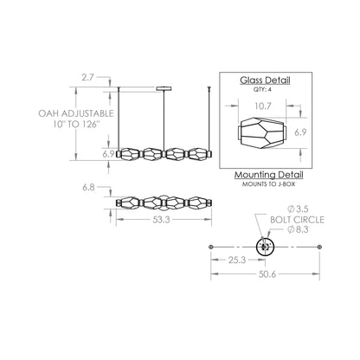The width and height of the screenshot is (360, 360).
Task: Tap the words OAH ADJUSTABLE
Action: click(73, 112)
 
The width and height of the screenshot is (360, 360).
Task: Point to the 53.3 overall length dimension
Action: click(160, 222)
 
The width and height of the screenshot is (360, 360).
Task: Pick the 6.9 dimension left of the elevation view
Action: click(109, 153)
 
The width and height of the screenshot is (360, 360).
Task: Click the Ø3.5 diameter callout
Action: click(296, 209)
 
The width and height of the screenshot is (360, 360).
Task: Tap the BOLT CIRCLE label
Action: click(303, 221)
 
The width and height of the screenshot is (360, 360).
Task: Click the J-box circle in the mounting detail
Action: click(266, 246)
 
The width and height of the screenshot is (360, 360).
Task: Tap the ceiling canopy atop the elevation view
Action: click(164, 87)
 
